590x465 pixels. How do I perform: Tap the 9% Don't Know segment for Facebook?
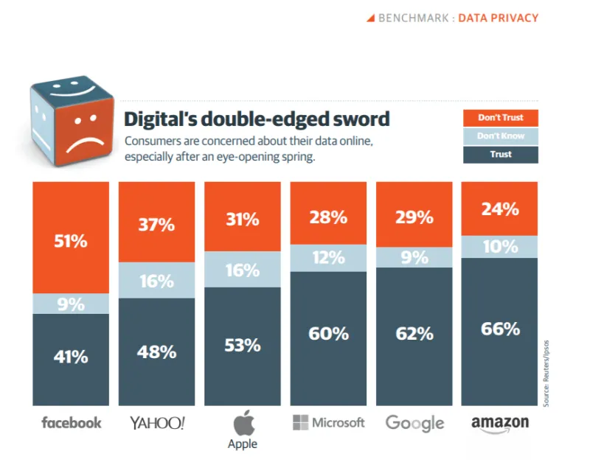(71, 304)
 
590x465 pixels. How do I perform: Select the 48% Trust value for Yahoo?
(156, 352)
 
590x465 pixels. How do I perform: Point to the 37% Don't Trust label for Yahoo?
(156, 225)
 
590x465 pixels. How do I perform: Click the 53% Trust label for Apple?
(243, 345)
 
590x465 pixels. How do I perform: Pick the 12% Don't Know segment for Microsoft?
(329, 258)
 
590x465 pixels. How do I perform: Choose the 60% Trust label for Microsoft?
(329, 334)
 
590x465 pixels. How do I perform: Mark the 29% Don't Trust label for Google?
(414, 217)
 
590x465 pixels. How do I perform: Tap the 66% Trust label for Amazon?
(501, 329)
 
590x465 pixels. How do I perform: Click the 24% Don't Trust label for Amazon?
(501, 209)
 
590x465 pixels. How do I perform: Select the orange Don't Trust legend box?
(501, 117)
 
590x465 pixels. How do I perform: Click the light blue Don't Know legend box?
(501, 136)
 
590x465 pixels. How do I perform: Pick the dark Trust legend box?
(501, 154)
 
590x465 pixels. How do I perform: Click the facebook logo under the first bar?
(72, 422)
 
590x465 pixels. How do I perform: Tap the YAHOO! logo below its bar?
(157, 422)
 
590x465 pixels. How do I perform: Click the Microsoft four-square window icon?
(300, 422)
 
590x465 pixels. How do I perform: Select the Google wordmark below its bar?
(415, 423)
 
